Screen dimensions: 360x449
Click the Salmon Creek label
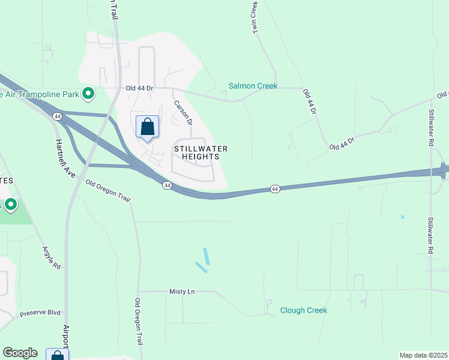(253, 86)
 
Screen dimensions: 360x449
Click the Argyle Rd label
(52, 257)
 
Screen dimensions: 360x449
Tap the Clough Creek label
(303, 310)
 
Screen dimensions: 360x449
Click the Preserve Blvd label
(40, 313)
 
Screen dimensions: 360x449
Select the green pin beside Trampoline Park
(88, 93)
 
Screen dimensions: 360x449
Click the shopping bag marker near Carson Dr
(147, 127)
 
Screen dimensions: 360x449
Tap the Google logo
(20, 353)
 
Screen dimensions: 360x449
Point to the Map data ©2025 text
(423, 355)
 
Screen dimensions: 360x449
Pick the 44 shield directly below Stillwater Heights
(166, 186)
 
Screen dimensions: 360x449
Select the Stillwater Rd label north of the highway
(431, 128)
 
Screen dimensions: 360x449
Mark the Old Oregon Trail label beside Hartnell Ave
(108, 191)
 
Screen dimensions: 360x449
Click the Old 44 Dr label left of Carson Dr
(140, 88)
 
